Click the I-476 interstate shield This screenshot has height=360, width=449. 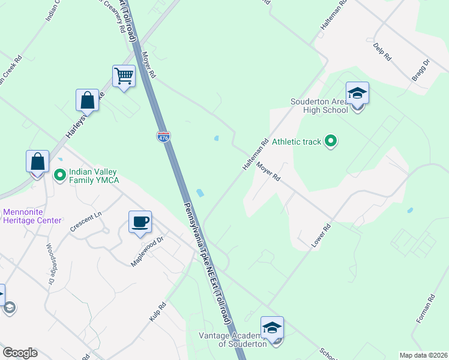[163, 137]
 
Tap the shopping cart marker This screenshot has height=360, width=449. [124, 77]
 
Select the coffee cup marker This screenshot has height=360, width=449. [140, 222]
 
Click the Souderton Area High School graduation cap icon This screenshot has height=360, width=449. [357, 94]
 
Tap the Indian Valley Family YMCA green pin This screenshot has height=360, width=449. [59, 175]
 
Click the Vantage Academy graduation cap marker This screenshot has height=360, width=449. [272, 328]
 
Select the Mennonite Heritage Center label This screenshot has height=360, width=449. [32, 216]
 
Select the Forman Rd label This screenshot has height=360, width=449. [425, 310]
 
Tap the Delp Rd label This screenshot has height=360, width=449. [382, 52]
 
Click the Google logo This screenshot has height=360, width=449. [20, 353]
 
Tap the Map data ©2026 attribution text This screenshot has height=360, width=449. [423, 355]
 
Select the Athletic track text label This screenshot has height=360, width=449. [297, 142]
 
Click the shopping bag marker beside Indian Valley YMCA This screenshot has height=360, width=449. [37, 162]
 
